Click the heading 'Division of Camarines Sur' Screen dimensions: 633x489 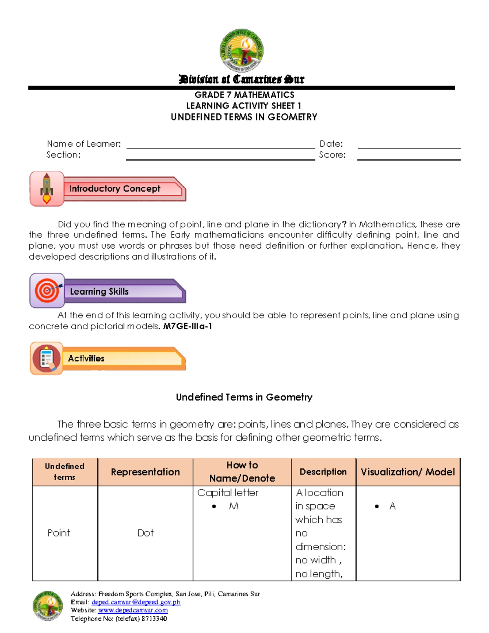coord(241,79)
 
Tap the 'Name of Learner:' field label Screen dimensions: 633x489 coord(84,144)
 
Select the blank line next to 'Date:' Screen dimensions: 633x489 coord(409,146)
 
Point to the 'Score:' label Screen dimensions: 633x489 coord(332,155)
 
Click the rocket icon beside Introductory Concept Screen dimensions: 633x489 coord(47,189)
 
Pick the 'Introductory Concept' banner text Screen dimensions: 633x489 coord(115,189)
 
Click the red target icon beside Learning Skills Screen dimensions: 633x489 coord(47,291)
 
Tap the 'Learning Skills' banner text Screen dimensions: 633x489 coord(99,291)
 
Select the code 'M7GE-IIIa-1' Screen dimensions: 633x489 coord(187,326)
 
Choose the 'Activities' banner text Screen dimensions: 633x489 coord(86,358)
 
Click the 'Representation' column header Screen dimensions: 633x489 coord(145,472)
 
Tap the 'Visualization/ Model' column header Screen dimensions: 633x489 coord(407,472)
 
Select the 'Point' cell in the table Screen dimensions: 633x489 coord(59,533)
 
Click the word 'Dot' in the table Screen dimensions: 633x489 coord(145,533)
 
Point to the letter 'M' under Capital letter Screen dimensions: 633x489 coord(233,506)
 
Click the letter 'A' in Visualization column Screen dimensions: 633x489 coord(392,506)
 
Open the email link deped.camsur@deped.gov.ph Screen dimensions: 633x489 coord(136,602)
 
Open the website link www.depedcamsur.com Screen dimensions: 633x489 coord(133,610)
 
